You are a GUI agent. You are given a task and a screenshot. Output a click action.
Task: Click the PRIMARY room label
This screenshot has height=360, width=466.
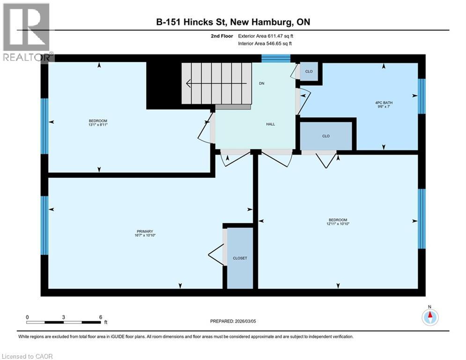pos(145,231)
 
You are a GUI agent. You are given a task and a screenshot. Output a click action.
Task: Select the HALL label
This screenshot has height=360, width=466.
pos(270,124)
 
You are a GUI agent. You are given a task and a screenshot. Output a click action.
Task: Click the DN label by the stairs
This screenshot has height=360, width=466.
pos(262,84)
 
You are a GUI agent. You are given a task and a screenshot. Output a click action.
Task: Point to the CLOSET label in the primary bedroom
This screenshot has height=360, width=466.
pos(240,258)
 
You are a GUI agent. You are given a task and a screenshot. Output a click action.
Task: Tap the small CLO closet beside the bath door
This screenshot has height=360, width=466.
pos(309,72)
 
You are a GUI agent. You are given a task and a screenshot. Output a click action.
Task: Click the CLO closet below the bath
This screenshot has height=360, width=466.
pos(326,136)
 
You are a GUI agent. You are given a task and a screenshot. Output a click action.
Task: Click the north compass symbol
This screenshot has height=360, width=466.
pos(429,317)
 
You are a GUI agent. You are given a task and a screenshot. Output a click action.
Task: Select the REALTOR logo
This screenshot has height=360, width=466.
pos(27,32)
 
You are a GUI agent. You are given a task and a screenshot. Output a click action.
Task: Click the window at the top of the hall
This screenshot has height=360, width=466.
pos(276,58)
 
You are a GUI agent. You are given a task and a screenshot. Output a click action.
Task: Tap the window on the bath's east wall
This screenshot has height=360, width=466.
pos(422,96)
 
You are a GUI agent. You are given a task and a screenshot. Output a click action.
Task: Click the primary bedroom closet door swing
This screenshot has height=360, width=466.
pos(215,255)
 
